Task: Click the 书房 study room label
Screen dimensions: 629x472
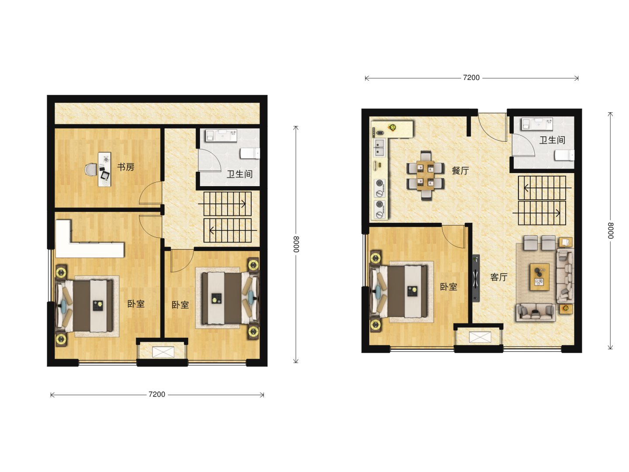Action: point(125,167)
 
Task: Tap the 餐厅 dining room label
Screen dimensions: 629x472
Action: point(460,170)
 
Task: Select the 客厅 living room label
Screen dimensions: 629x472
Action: point(499,277)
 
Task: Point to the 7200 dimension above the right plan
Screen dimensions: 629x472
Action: point(471,78)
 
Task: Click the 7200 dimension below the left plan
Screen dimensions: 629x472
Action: point(157,394)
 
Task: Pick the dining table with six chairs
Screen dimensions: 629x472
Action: point(425,175)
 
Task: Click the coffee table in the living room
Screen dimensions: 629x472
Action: point(539,277)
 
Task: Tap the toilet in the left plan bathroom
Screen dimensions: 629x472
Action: point(250,153)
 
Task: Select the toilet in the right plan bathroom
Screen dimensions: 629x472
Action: point(564,156)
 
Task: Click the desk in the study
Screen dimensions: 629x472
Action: point(104,170)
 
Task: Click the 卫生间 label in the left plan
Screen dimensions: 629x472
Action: point(239,174)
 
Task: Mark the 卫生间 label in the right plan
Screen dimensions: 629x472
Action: point(552,140)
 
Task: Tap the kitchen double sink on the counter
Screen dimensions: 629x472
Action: point(380,147)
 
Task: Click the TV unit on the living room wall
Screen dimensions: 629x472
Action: point(476,278)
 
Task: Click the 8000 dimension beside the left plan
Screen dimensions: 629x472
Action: point(296,244)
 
